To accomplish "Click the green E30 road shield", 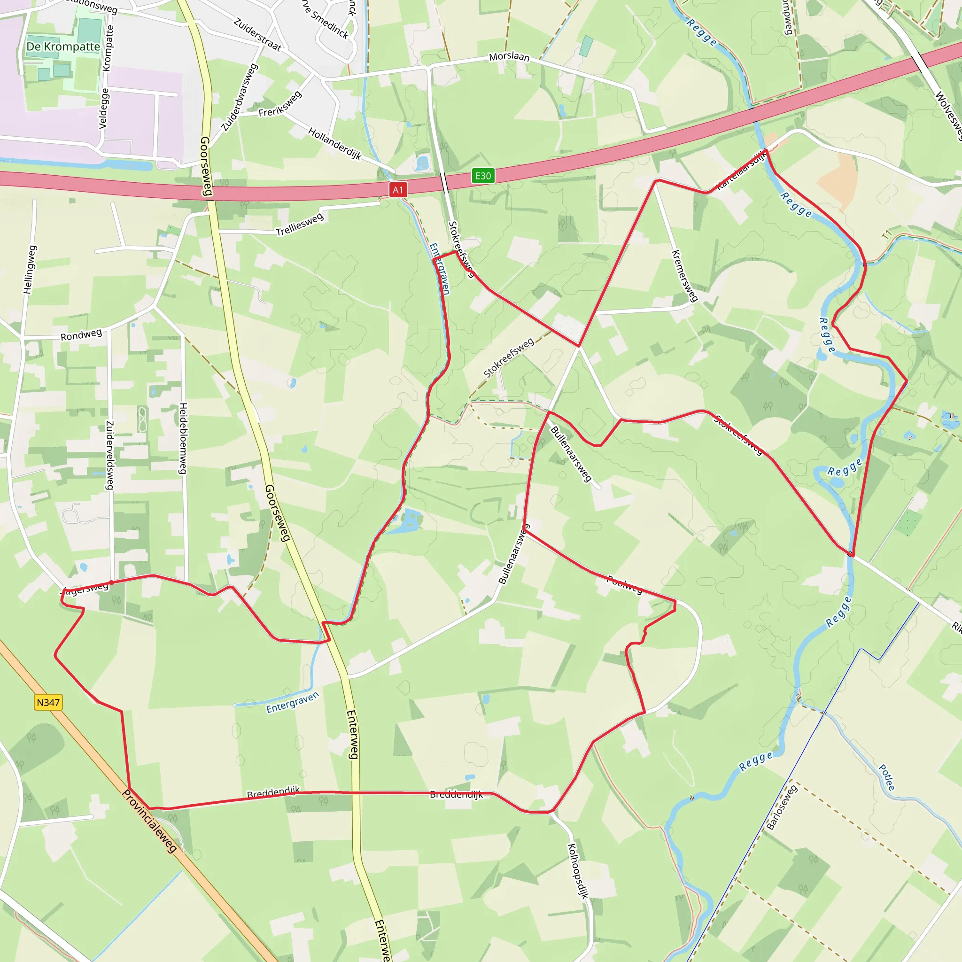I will click(x=482, y=176).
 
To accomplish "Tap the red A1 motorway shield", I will click(x=398, y=190).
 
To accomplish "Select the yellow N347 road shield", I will click(x=48, y=702).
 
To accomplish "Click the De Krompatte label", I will click(x=63, y=47).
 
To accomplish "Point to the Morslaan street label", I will click(x=509, y=56).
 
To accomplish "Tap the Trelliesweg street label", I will click(x=300, y=224).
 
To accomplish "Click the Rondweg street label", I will click(x=81, y=334).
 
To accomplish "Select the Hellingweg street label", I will click(x=30, y=269).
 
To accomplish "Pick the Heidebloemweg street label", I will click(x=183, y=438).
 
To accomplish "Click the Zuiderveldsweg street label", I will click(x=109, y=455).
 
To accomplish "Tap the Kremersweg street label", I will click(x=685, y=275).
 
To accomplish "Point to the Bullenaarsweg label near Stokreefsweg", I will click(x=571, y=454).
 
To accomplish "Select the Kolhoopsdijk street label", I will click(x=578, y=870).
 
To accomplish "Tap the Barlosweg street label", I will click(x=782, y=807).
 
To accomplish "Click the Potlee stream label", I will click(x=887, y=777).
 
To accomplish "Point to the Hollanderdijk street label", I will click(x=334, y=143).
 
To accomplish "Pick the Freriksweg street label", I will click(x=280, y=105).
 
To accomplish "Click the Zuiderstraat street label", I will click(x=257, y=34).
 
